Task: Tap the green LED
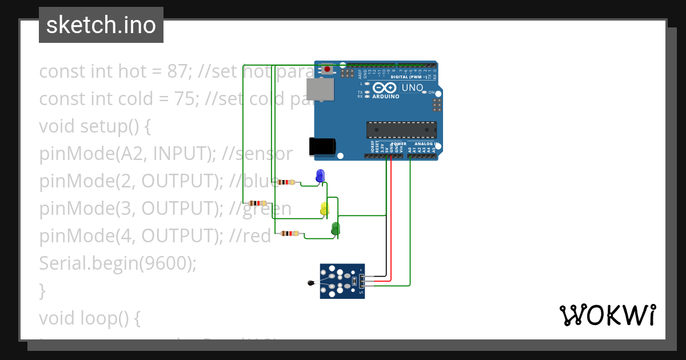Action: [x=336, y=229]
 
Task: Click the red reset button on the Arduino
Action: [x=327, y=70]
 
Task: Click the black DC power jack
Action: [x=321, y=146]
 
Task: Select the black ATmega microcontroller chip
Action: [x=401, y=130]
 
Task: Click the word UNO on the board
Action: [x=412, y=88]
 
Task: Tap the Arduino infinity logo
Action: [x=386, y=88]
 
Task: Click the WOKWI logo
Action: [x=607, y=315]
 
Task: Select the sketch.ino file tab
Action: [x=101, y=25]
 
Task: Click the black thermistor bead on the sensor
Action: [x=311, y=282]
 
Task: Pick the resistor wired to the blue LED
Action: [x=287, y=183]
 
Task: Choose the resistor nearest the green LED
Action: [x=290, y=233]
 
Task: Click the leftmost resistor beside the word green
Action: [x=258, y=203]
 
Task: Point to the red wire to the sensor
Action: [x=391, y=229]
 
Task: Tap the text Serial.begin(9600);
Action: [x=118, y=263]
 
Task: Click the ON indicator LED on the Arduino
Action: [x=425, y=92]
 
